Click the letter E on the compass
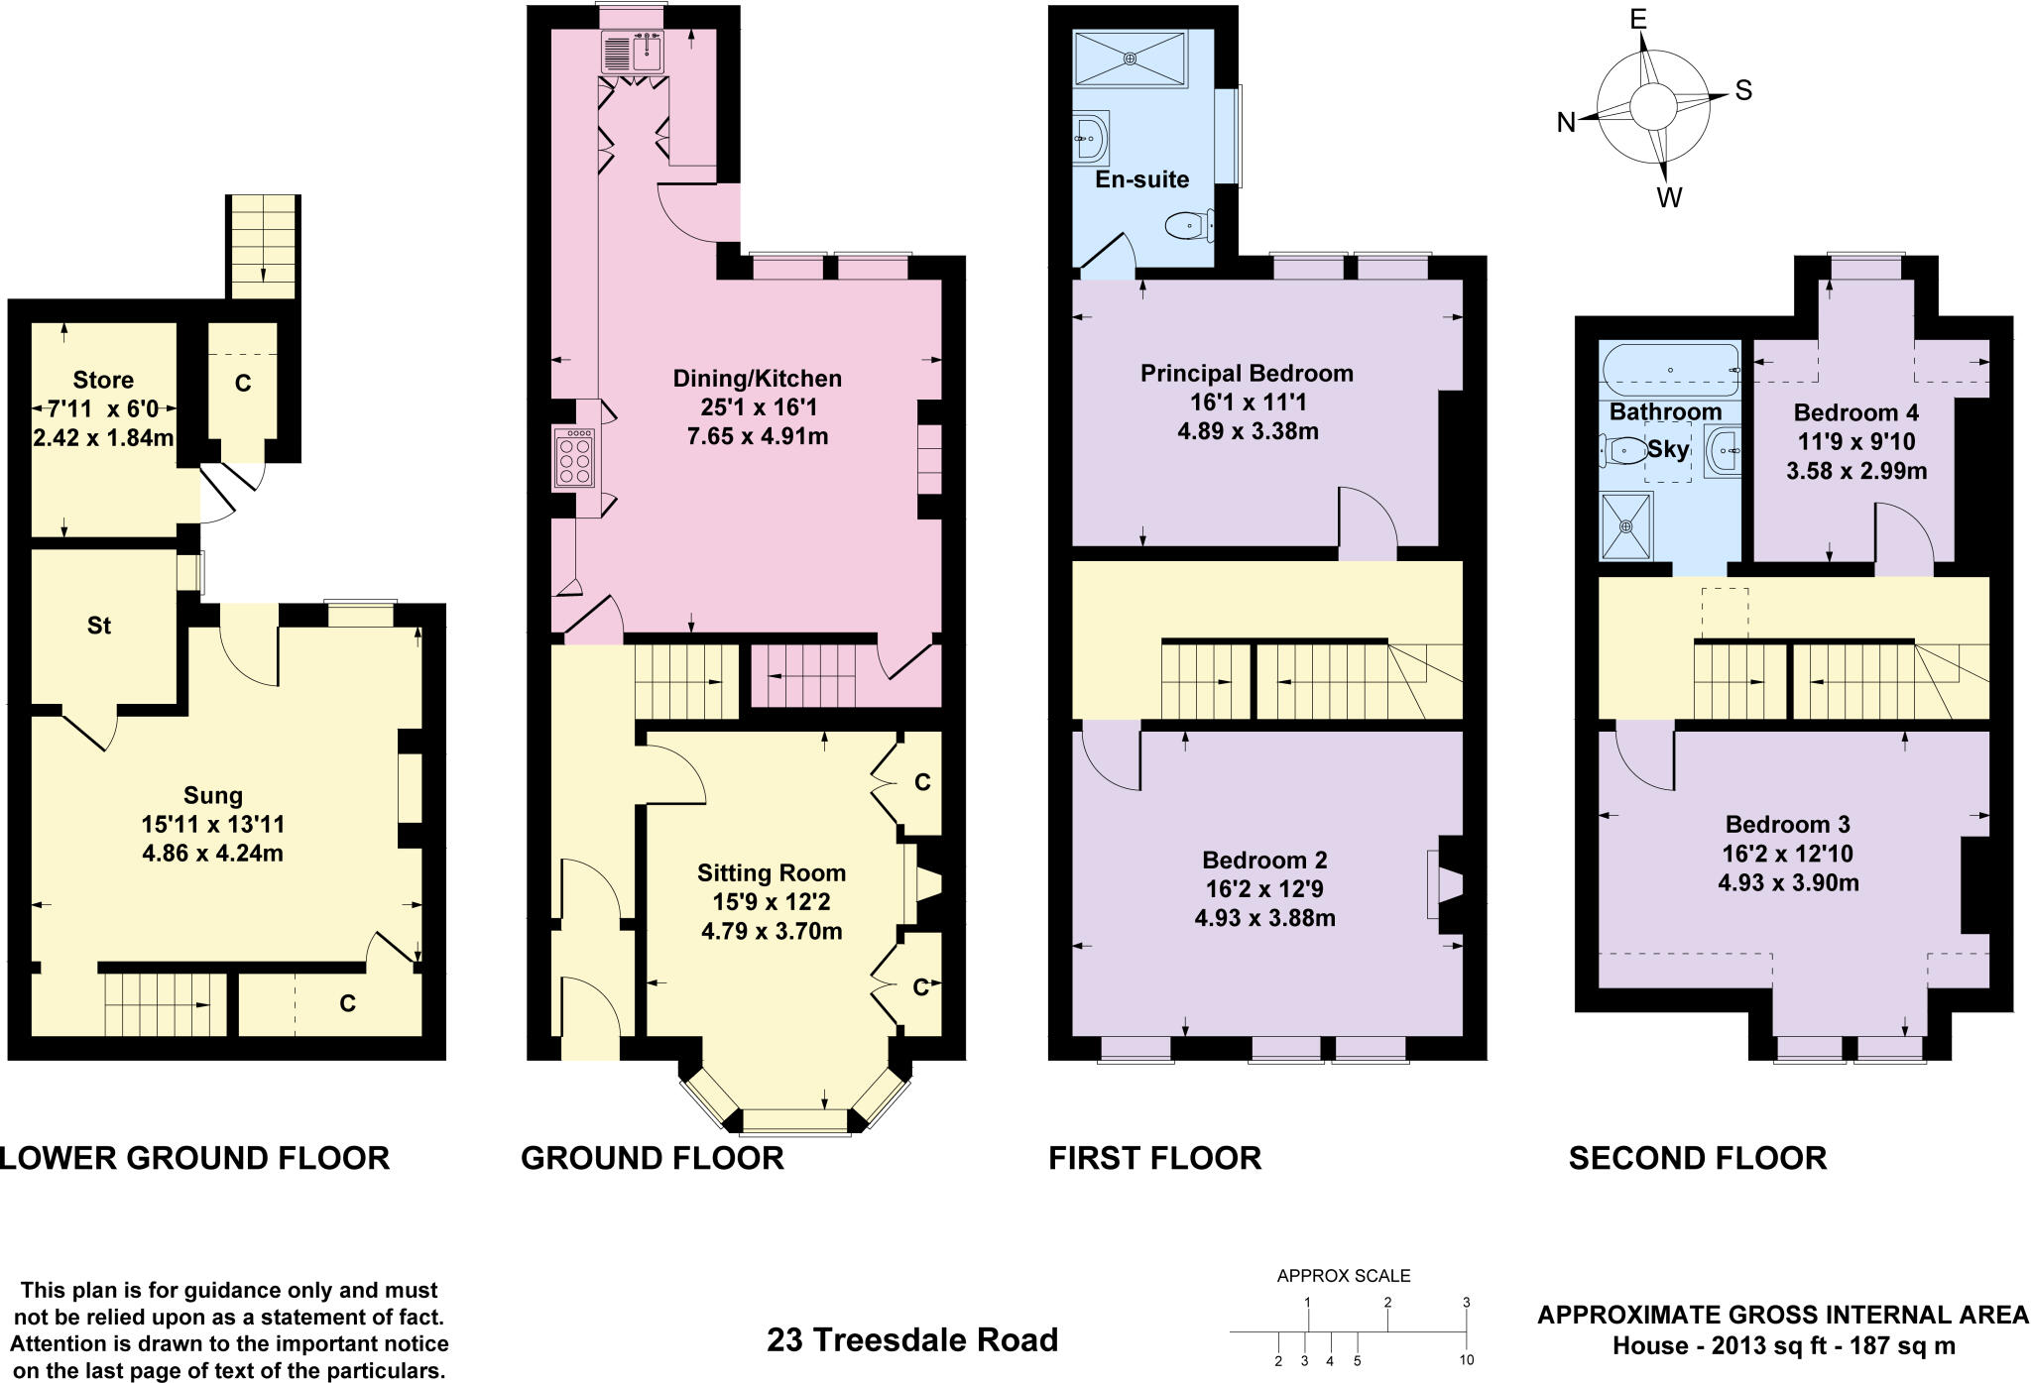tap(1637, 20)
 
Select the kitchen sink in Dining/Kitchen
tap(646, 51)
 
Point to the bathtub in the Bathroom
tap(1671, 369)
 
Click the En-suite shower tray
tap(1131, 58)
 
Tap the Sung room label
tap(213, 795)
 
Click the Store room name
tap(103, 380)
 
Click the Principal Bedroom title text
tap(1247, 374)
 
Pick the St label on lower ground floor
tap(99, 626)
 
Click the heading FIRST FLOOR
tap(1154, 1158)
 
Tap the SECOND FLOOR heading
tap(1697, 1158)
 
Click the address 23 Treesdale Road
tap(911, 1340)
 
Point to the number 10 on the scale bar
tap(1467, 1360)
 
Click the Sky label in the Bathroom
tap(1668, 449)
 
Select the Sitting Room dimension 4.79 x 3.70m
tap(772, 931)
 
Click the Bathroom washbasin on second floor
tap(1723, 451)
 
